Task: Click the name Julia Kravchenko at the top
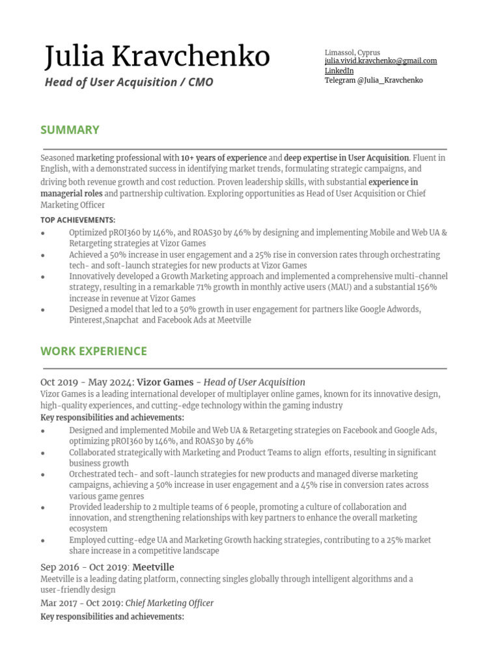(x=157, y=57)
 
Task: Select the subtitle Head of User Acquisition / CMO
(x=128, y=83)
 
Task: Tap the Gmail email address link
(x=381, y=61)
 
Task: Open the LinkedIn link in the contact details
(x=339, y=70)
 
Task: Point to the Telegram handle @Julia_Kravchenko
(x=374, y=80)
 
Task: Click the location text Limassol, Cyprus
(x=352, y=52)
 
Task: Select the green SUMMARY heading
(x=70, y=129)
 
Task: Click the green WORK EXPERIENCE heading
(x=94, y=351)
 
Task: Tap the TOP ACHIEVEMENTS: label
(x=77, y=220)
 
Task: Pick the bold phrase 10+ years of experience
(x=224, y=157)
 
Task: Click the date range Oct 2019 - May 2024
(x=85, y=382)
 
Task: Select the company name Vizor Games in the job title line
(x=165, y=382)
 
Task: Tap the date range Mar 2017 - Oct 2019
(x=81, y=603)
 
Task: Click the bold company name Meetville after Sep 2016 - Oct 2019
(x=153, y=567)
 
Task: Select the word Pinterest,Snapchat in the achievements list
(x=104, y=320)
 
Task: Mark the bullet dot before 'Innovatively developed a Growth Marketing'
(x=43, y=277)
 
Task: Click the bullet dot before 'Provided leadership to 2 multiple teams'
(x=43, y=507)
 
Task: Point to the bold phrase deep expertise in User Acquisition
(x=346, y=157)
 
